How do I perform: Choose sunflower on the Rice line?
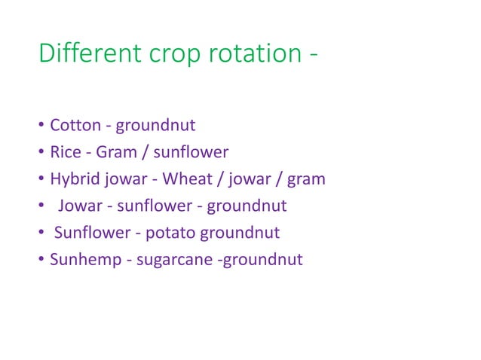[191, 152]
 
